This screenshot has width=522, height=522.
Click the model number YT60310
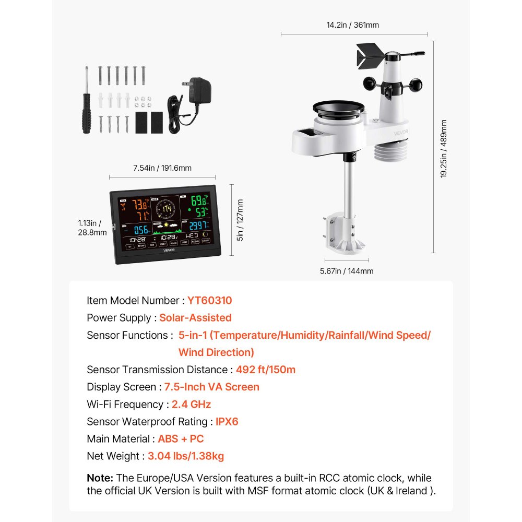(210, 301)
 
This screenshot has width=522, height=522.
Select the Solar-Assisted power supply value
(195, 318)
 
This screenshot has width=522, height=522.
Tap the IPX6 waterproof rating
(227, 421)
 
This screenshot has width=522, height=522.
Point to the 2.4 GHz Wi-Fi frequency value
(192, 404)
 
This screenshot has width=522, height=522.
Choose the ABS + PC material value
(181, 438)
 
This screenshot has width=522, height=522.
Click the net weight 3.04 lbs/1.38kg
(186, 456)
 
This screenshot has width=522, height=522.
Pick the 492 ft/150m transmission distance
(266, 370)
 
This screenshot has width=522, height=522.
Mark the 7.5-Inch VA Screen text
(212, 387)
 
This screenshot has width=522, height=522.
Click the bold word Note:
(100, 478)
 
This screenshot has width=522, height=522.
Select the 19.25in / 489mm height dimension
(444, 149)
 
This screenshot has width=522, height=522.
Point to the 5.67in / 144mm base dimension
(347, 271)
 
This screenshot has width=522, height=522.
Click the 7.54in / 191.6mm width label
(162, 168)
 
